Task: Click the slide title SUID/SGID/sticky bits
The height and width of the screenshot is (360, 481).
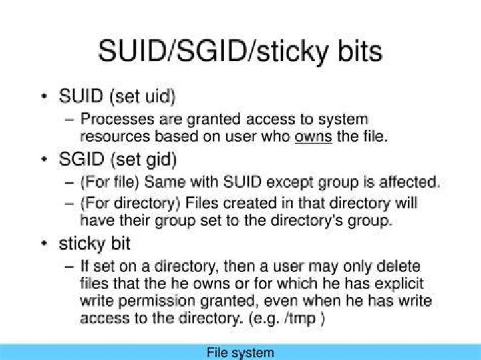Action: (x=240, y=51)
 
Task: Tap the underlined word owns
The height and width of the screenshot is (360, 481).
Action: (x=313, y=137)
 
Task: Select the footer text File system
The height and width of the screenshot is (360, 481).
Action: (x=240, y=353)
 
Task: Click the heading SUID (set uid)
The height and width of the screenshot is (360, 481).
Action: (x=117, y=96)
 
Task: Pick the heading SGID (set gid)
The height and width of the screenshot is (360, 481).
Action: (x=118, y=160)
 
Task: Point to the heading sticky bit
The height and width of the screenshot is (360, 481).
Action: (x=94, y=244)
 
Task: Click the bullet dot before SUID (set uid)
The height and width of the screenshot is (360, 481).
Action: (x=45, y=96)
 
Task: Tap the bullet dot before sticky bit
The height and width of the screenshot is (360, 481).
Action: (x=45, y=244)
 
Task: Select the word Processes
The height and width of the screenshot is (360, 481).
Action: (x=117, y=119)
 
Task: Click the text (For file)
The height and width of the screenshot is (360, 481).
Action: (x=110, y=182)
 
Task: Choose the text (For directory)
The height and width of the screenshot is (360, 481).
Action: (x=130, y=203)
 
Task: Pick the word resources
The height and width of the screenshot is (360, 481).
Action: (x=115, y=137)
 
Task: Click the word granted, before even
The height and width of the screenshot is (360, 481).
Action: (x=228, y=301)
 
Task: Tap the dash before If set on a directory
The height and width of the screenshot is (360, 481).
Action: (x=69, y=266)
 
